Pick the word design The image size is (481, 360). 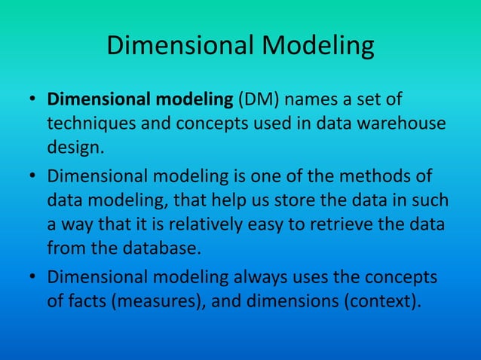(x=73, y=145)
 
